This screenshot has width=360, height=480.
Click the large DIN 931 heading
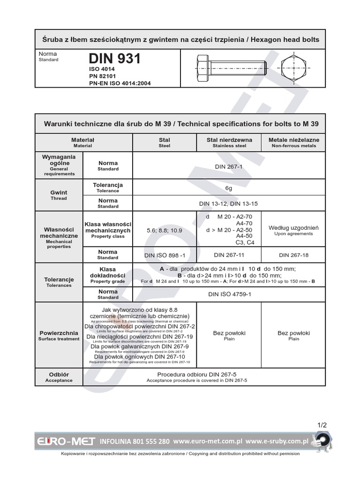(115, 59)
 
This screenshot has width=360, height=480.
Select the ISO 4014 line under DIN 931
(102, 69)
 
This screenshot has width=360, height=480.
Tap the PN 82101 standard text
(103, 76)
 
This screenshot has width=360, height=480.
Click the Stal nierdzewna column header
(229, 142)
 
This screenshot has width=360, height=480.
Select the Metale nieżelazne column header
(293, 142)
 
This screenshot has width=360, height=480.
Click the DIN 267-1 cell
(229, 166)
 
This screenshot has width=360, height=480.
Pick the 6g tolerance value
(229, 187)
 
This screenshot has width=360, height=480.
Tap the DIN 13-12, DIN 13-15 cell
(229, 203)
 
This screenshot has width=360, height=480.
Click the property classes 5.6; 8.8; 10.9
(165, 230)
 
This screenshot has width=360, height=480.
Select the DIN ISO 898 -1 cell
(165, 255)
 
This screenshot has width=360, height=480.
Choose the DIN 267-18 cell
(293, 255)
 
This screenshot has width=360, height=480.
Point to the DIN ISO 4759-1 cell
(229, 294)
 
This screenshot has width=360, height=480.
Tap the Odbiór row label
(59, 377)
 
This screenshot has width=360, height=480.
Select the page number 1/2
(322, 425)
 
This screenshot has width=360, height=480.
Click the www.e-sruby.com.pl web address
(277, 442)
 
